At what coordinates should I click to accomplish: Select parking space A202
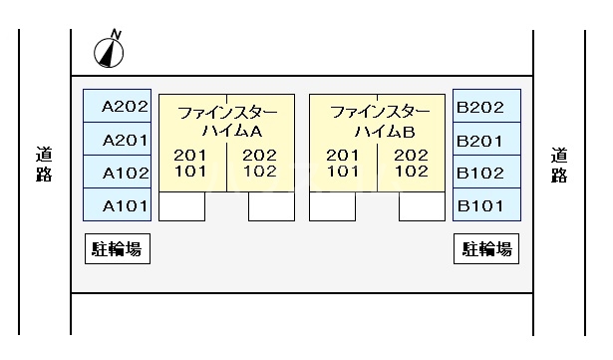(116, 107)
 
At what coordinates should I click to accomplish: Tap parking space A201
(116, 140)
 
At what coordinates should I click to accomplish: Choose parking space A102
(116, 173)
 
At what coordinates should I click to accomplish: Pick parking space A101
(116, 205)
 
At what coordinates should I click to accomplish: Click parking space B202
(486, 107)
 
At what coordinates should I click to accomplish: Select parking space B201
(486, 140)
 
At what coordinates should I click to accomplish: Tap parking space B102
(486, 173)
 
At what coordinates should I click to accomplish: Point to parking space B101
(486, 205)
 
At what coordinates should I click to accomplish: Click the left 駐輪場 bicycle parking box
(117, 249)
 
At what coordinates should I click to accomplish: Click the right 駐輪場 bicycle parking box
(487, 249)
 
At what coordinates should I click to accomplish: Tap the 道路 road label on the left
(45, 166)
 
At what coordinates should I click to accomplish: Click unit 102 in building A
(259, 171)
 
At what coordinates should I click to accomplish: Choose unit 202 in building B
(411, 155)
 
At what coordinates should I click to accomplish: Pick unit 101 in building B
(342, 171)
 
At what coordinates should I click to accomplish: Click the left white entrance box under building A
(181, 205)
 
